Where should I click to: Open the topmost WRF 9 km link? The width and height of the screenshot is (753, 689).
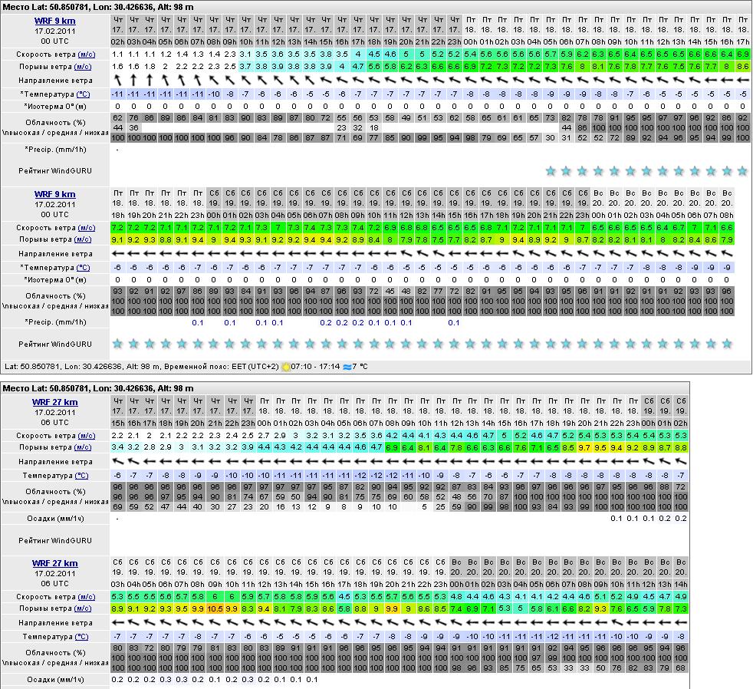pos(54,21)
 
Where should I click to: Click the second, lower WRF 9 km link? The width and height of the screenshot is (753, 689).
pos(54,194)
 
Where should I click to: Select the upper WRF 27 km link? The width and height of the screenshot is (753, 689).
pos(54,402)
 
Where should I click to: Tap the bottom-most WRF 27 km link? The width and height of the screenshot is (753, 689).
pos(54,563)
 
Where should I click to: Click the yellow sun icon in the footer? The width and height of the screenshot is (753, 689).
pos(285,367)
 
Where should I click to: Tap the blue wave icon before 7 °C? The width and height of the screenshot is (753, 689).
pos(347,367)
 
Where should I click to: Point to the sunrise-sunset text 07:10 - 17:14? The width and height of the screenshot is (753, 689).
pos(315,367)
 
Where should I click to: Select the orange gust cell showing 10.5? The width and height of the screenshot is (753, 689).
pos(215,608)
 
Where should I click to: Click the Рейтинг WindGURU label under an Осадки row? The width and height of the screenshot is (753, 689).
pos(54,540)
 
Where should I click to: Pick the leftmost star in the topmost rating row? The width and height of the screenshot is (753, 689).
pos(550,171)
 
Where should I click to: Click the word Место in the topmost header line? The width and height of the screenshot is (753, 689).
pos(16,7)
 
